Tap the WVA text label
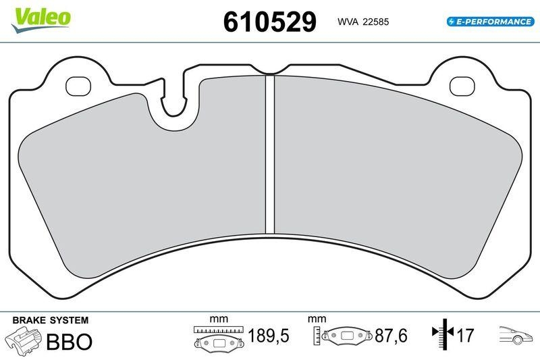coord(348,22)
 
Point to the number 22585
coord(375,22)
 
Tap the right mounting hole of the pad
coord(462,86)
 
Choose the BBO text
coord(69,341)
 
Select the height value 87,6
coord(392,336)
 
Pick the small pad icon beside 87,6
coord(348,336)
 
